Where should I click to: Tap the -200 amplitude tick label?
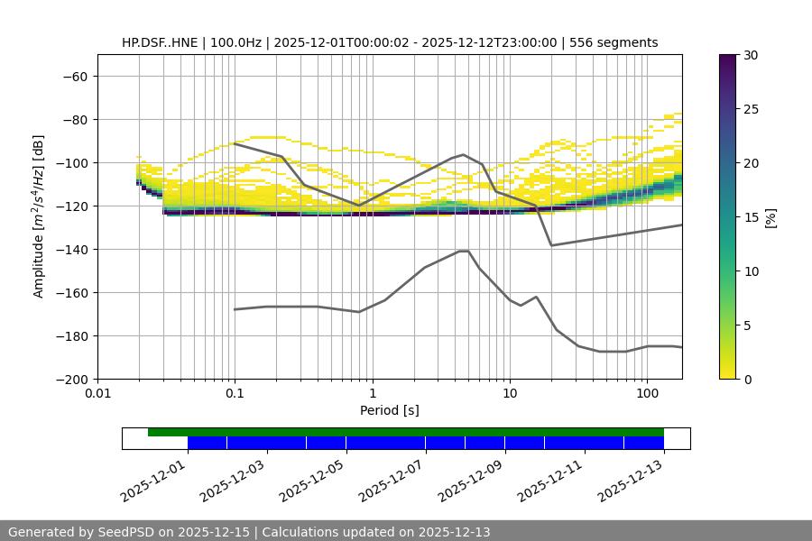72,380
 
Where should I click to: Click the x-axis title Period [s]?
389,411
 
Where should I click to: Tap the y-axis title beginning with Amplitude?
39,217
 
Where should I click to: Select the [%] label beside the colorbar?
770,217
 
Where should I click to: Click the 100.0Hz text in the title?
235,42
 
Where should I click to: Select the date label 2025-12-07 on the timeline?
391,480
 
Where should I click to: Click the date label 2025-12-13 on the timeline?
630,480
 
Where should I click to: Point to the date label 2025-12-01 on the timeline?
152,480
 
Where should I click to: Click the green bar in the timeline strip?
406,432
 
